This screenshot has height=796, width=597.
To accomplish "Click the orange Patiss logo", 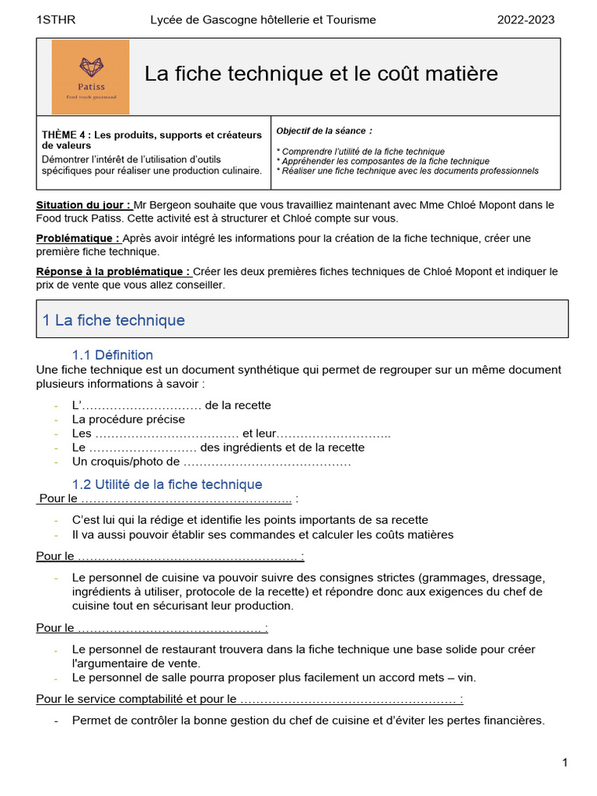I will (x=90, y=77).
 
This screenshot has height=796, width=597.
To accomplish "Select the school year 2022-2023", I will (x=525, y=19).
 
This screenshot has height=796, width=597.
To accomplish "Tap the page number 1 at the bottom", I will (x=565, y=763).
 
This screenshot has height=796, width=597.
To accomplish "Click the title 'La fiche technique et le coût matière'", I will (x=321, y=74).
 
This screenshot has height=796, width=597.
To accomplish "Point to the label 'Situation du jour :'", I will (x=84, y=205).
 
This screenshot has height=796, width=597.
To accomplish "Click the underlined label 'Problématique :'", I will (x=78, y=238).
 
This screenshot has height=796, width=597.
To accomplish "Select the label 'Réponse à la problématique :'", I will (x=113, y=271).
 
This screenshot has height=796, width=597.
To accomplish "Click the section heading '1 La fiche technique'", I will (x=113, y=320).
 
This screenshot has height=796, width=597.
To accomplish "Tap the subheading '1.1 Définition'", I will (x=113, y=355).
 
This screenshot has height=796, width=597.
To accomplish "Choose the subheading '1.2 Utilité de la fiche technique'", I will (x=167, y=484).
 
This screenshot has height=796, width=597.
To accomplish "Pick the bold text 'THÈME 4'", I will (x=66, y=134).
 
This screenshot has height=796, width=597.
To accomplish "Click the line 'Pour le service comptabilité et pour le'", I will (x=136, y=699).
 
